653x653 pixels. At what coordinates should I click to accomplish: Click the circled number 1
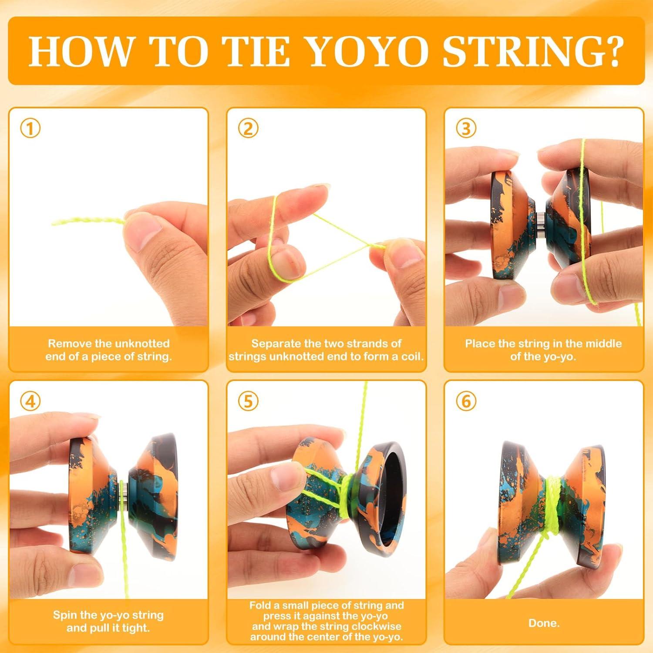30,128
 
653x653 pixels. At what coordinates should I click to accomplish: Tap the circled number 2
248,128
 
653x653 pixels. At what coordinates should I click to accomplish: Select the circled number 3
466,128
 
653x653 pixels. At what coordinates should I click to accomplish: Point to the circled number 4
30,401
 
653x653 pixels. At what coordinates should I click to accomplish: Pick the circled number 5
248,401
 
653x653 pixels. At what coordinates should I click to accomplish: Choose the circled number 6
466,401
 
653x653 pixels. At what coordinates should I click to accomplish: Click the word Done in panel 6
543,623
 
